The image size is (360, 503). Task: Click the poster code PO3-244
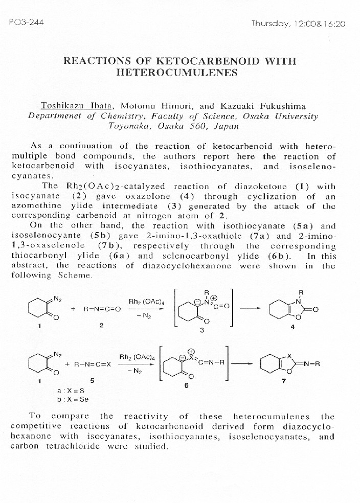pos(22,24)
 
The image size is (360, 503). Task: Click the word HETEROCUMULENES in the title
pos(179,72)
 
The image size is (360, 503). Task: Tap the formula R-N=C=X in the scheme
pos(92,364)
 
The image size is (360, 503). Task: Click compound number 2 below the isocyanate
pos(101,325)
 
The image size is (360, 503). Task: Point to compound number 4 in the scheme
pos(292,328)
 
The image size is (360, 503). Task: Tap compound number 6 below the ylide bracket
pos(186,385)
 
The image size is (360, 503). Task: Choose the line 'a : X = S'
pos(71,390)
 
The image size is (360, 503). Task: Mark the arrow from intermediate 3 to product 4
pos(251,308)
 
